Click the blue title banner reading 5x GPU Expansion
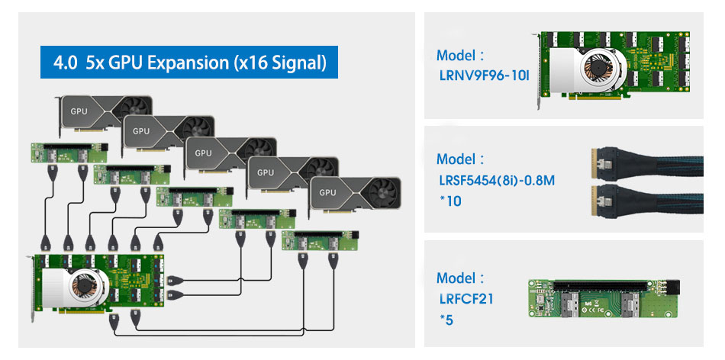189,63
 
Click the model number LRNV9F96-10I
482,76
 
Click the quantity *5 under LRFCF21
446,320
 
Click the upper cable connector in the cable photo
601,162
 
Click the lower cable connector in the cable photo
601,197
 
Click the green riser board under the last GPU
320,240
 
